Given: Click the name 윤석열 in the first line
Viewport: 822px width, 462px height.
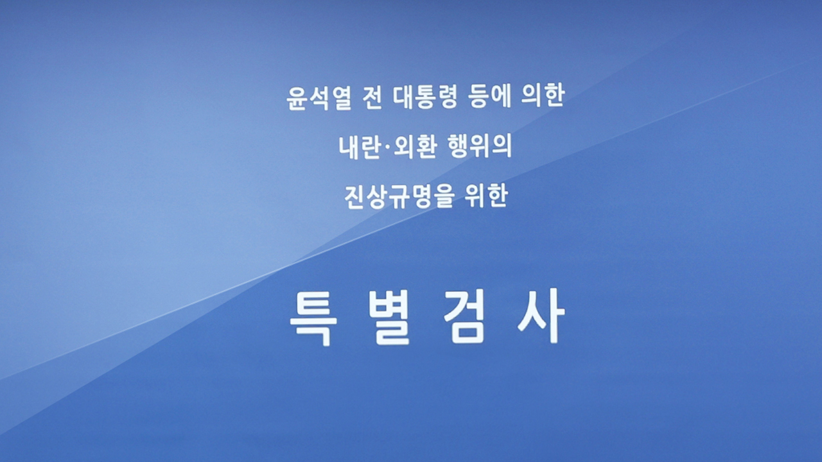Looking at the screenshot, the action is pyautogui.click(x=319, y=98).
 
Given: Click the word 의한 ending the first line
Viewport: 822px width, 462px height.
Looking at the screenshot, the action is pyautogui.click(x=543, y=97).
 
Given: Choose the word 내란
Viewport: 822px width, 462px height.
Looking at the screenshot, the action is pyautogui.click(x=360, y=147).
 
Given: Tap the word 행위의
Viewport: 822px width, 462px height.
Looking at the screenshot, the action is pyautogui.click(x=479, y=147).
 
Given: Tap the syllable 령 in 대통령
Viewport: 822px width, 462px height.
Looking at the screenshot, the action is pyautogui.click(x=448, y=98).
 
